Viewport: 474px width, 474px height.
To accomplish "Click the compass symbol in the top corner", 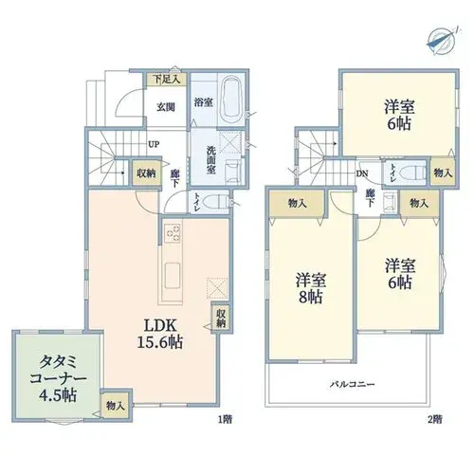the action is click(x=442, y=42).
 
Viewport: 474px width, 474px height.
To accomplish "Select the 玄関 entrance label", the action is click(x=166, y=107).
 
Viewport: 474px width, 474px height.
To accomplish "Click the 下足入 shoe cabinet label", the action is click(x=167, y=80).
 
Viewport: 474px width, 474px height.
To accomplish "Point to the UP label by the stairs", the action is click(x=154, y=145).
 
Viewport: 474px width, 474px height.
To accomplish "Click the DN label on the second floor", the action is click(x=362, y=173).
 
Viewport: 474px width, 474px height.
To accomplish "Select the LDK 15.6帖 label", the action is click(x=159, y=334).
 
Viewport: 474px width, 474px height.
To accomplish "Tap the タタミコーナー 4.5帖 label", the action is click(x=58, y=378).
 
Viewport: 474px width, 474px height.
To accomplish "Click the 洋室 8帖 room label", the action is click(x=311, y=288).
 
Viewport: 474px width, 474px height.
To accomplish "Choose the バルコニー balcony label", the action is click(x=353, y=385).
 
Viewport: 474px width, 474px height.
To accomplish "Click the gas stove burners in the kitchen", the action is click(x=173, y=233).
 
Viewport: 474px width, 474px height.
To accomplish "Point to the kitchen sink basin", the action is click(x=173, y=276).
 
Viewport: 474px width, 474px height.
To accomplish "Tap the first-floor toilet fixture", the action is click(x=216, y=202).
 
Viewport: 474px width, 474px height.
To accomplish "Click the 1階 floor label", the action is click(x=226, y=419).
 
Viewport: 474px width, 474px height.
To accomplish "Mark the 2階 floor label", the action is click(x=435, y=419).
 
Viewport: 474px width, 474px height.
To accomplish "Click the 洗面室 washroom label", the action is click(x=211, y=159).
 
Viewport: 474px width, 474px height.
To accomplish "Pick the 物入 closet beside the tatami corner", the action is click(x=116, y=406).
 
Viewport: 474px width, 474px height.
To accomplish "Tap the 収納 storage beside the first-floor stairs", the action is click(x=146, y=173).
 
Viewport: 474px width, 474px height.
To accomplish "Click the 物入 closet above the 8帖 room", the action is click(x=297, y=203).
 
